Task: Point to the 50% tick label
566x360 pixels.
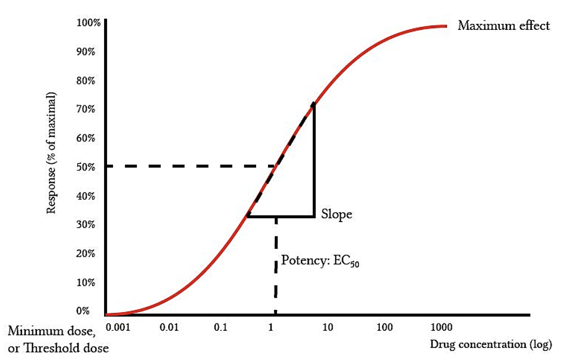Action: [x=86, y=167]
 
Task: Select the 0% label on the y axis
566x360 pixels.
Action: [x=83, y=311]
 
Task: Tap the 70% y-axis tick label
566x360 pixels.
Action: [x=86, y=109]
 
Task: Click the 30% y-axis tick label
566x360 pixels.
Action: [x=86, y=225]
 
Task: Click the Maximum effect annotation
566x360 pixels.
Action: [x=503, y=26]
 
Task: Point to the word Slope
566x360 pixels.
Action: [x=336, y=214]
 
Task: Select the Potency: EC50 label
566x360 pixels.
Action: [x=320, y=261]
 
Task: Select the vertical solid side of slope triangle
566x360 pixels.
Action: [x=314, y=161]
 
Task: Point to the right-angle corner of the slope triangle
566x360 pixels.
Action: [x=314, y=216]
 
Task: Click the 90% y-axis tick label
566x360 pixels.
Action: [x=86, y=52]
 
